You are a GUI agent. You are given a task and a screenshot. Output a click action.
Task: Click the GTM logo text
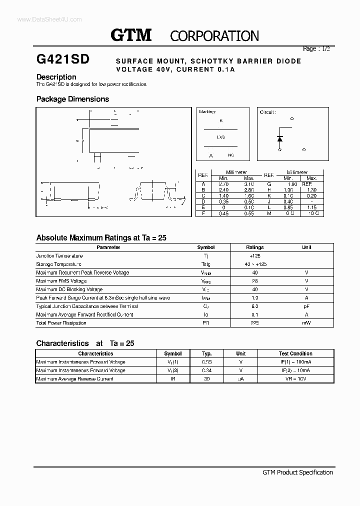[x=131, y=35]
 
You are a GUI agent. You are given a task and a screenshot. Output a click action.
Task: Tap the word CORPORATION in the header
[x=214, y=36]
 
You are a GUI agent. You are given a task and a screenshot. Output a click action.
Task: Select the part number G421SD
[x=63, y=59]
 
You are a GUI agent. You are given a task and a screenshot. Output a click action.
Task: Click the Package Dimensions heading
[x=72, y=99]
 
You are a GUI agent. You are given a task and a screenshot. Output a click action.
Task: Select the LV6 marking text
[x=220, y=136]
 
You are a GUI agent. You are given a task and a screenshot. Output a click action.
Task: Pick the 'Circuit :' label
[x=268, y=112]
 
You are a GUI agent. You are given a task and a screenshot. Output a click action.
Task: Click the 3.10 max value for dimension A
[x=248, y=184]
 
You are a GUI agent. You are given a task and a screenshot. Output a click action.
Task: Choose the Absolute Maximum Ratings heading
[x=101, y=238]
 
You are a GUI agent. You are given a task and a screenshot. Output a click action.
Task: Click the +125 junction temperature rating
[x=254, y=256]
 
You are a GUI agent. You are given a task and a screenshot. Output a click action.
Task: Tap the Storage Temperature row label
[x=58, y=264]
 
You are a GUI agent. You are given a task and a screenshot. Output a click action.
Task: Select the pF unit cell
[x=306, y=306]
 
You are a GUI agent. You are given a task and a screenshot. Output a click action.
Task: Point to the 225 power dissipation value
[x=254, y=323]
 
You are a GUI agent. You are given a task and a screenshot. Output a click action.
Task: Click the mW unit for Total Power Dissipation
[x=306, y=323]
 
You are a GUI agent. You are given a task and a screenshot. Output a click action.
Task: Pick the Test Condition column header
[x=295, y=353]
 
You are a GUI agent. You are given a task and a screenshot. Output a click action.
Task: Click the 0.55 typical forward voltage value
[x=207, y=362]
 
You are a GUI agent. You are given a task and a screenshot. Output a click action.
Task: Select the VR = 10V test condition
[x=295, y=379]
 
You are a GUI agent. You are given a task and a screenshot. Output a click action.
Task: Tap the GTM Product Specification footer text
[x=297, y=472]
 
